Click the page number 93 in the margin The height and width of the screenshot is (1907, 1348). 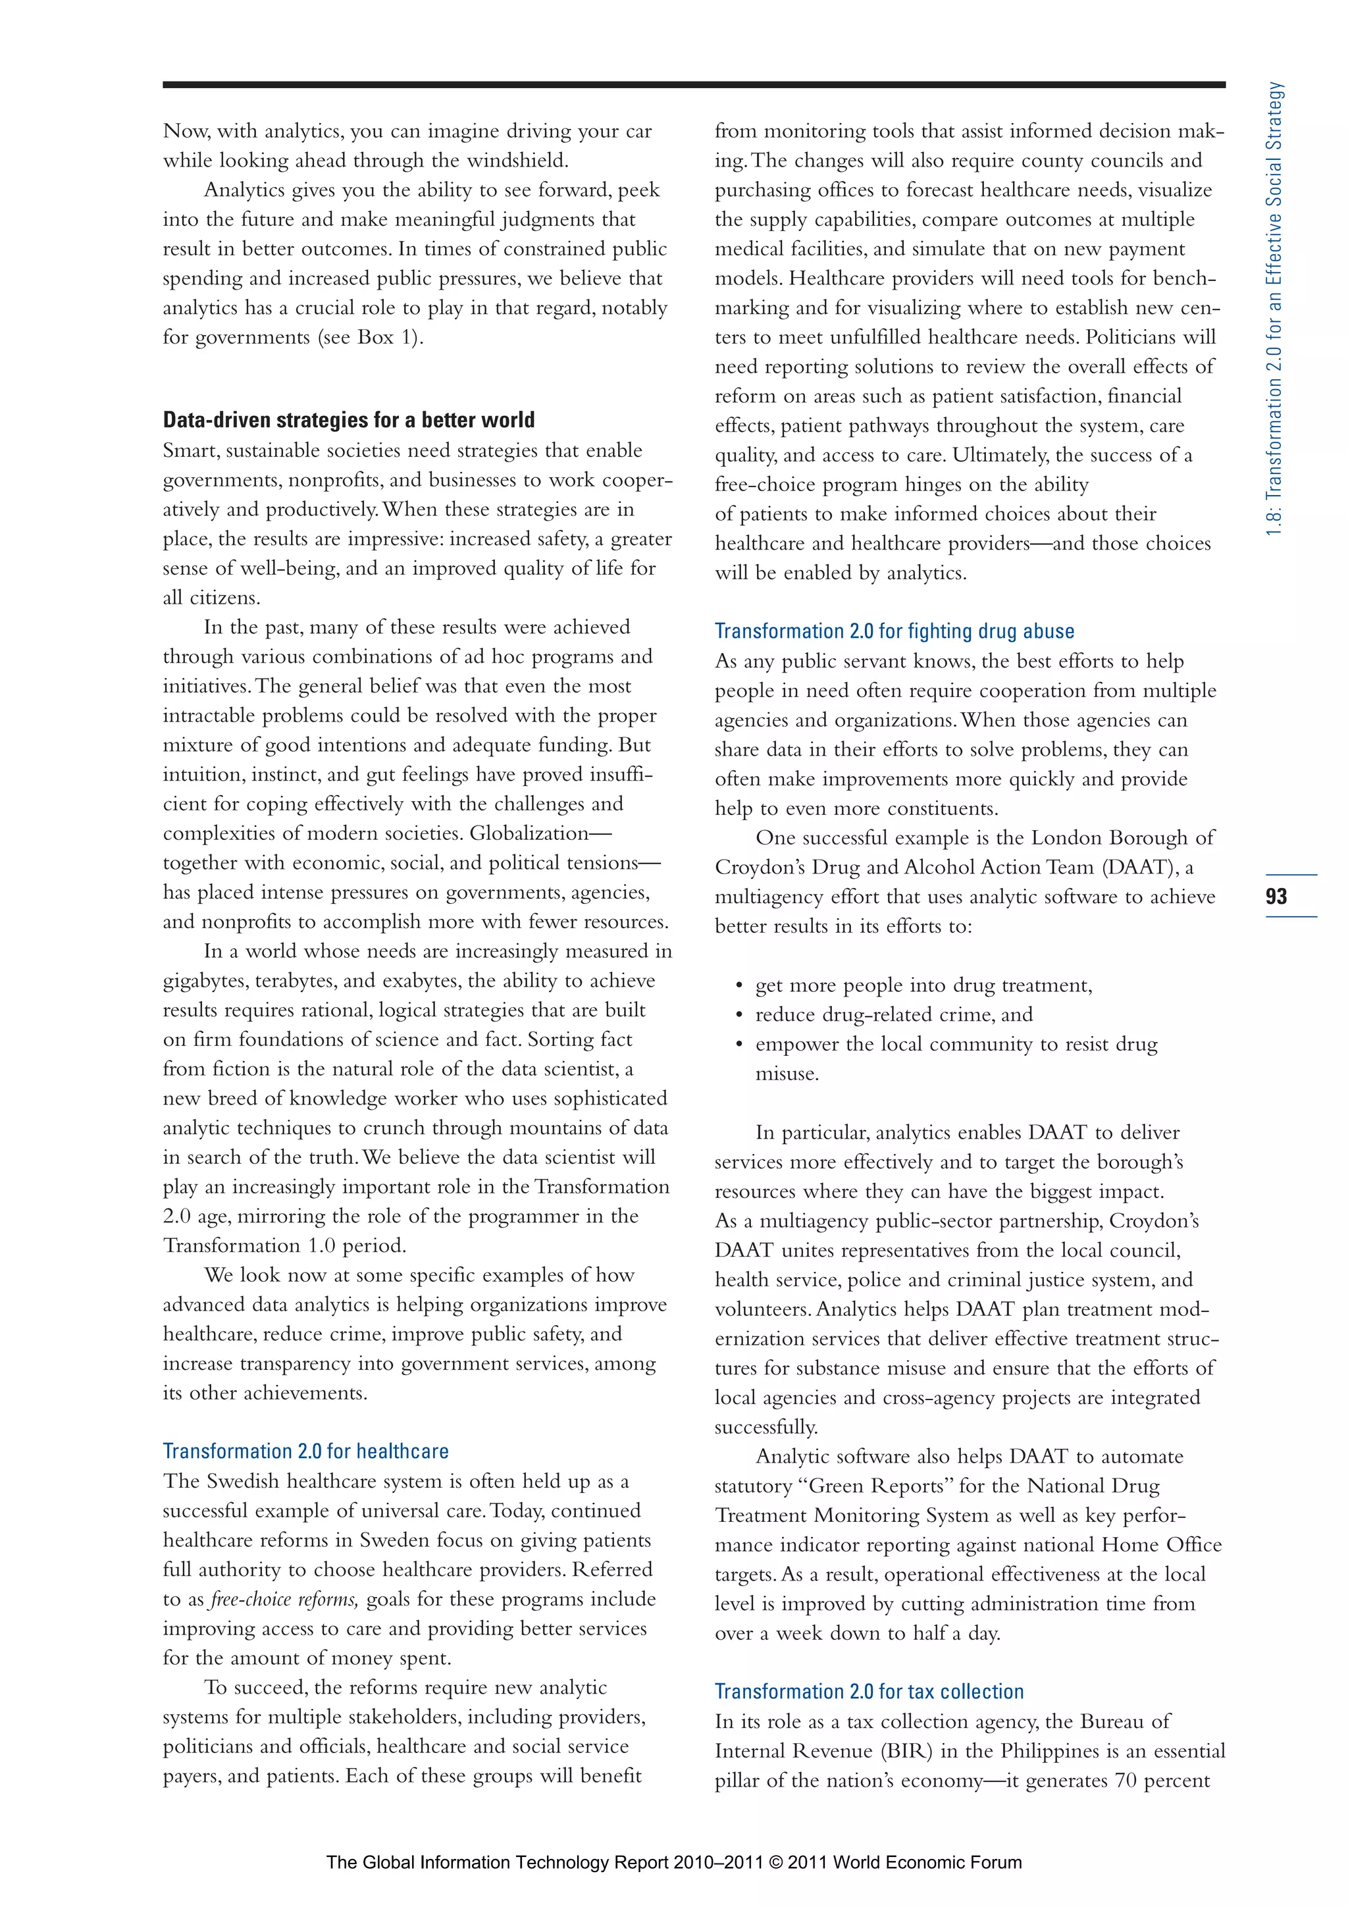1276,896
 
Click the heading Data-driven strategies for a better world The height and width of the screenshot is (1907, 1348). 348,420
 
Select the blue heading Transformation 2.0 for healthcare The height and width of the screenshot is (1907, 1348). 305,1451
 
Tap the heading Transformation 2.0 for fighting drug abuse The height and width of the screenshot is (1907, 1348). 894,631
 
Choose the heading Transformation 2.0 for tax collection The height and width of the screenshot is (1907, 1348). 869,1692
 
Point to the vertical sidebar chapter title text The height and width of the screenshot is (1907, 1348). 1275,307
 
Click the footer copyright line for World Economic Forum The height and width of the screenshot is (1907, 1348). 673,1862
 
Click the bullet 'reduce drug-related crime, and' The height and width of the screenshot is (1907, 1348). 893,1015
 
